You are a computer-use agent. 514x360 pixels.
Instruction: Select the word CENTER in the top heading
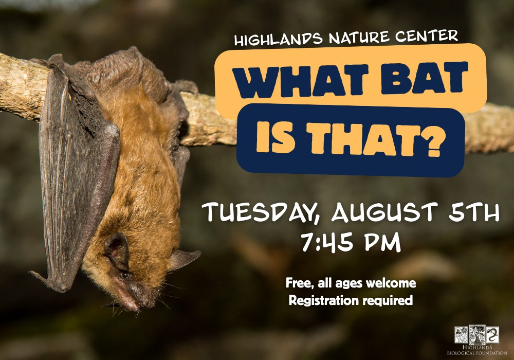coord(426,35)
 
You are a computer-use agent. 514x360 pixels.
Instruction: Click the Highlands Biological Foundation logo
coord(476,340)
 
